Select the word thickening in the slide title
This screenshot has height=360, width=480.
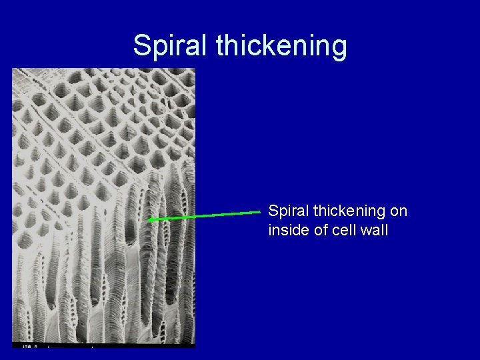pyautogui.click(x=281, y=45)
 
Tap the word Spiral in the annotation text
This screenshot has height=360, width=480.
pyautogui.click(x=285, y=211)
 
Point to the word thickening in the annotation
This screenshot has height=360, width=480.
pyautogui.click(x=347, y=211)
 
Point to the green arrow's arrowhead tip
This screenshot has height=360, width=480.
pyautogui.click(x=148, y=219)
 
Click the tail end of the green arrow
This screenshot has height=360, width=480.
pyautogui.click(x=260, y=212)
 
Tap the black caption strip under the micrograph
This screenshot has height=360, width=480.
pyautogui.click(x=103, y=345)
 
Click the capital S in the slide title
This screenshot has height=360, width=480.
pyautogui.click(x=142, y=45)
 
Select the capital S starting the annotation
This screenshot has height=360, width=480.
pyautogui.click(x=272, y=211)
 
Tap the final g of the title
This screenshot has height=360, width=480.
pyautogui.click(x=339, y=48)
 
